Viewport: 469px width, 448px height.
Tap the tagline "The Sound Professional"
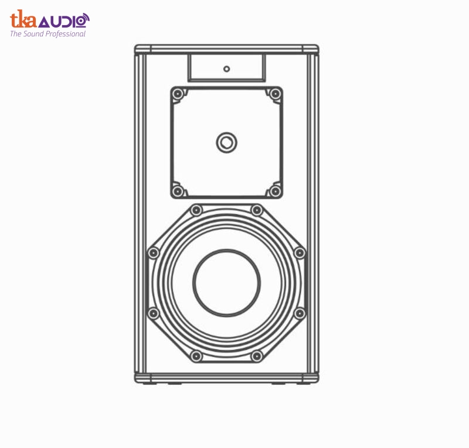[48, 34]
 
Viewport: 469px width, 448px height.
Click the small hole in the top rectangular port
[227, 69]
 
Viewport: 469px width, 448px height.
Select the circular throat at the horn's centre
[227, 142]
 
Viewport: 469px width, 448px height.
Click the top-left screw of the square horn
[178, 94]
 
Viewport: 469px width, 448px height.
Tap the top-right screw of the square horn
[275, 94]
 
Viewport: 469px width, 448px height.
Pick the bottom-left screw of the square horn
[178, 191]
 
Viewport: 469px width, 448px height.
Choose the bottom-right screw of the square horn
[275, 191]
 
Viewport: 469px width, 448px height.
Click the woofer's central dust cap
[226, 283]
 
